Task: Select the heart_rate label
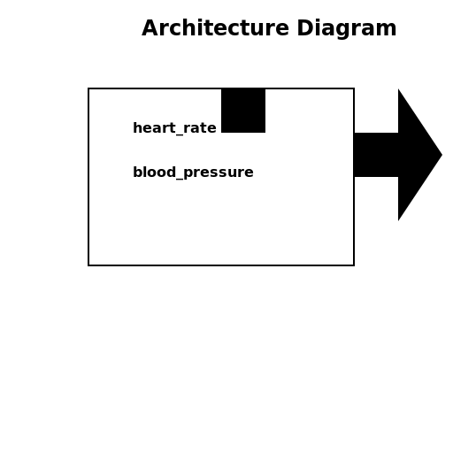[174, 128]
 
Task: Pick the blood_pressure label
[193, 173]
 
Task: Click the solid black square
[243, 111]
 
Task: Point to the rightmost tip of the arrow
[441, 155]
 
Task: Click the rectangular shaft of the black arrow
[376, 155]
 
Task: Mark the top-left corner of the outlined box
[88, 88]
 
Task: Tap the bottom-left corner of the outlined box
[88, 265]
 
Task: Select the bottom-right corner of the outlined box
[354, 265]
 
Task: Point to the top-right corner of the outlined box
[354, 88]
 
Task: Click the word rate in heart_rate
[202, 128]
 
